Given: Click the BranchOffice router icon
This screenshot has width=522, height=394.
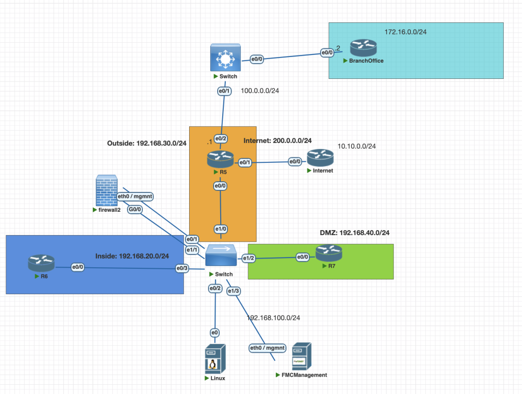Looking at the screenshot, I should [363, 48].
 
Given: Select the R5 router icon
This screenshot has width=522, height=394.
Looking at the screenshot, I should [220, 160].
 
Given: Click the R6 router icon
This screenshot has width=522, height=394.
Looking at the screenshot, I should [41, 263].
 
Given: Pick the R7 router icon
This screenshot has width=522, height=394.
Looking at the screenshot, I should [328, 252].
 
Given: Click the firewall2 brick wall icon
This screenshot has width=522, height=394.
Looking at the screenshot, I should [107, 190].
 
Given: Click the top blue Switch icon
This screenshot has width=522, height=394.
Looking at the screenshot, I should [224, 58].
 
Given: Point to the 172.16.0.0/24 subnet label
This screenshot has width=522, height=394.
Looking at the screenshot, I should [405, 32].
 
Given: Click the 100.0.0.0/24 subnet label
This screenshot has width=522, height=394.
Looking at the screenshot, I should [260, 91].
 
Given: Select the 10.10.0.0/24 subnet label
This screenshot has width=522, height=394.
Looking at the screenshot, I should [356, 146].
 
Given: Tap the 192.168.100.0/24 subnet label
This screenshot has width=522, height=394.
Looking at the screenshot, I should [273, 318].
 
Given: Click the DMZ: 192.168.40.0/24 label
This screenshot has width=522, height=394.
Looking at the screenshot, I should [355, 233].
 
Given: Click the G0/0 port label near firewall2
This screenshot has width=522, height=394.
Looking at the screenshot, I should [135, 209].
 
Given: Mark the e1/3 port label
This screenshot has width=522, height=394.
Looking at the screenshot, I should [233, 291].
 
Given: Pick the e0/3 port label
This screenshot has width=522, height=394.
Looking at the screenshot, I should [182, 268].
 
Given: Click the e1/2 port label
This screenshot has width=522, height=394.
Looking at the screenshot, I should [248, 258].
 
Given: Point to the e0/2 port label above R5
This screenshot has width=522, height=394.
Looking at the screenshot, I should [221, 138].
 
